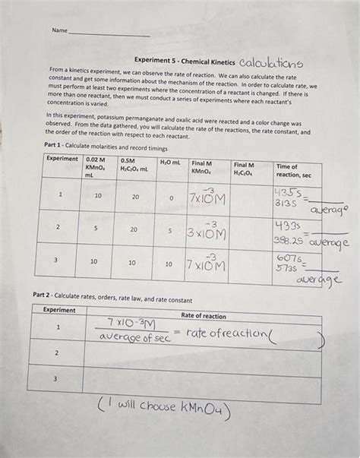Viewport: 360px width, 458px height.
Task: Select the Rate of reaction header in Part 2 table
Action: click(x=203, y=316)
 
